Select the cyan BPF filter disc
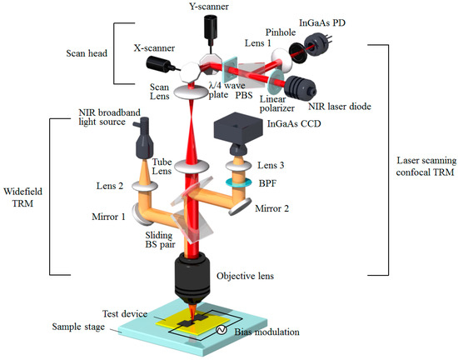coord(241,177)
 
